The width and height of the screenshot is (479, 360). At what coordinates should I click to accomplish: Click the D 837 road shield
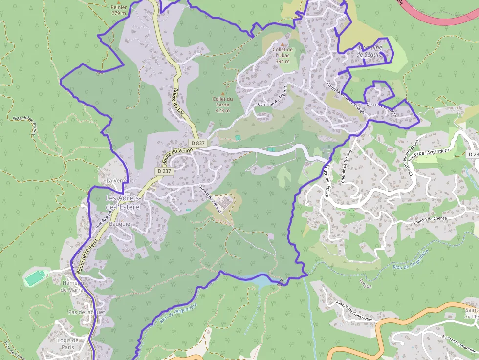(x=198, y=143)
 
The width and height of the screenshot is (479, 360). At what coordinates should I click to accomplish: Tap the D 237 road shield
(x=164, y=171)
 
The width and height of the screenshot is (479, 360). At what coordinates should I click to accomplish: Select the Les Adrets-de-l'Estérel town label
(x=123, y=202)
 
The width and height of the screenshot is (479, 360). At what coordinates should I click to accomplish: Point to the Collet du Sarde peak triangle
(x=223, y=93)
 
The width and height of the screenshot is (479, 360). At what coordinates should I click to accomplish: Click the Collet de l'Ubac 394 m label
(x=283, y=55)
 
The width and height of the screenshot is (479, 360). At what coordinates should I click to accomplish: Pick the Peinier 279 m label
(x=119, y=10)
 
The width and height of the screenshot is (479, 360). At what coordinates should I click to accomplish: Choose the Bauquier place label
(x=121, y=224)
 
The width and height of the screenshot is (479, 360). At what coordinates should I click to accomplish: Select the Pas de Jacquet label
(x=87, y=312)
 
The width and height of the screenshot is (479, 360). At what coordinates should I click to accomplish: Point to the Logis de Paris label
(x=68, y=344)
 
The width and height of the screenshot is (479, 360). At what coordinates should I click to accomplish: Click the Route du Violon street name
(x=177, y=155)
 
